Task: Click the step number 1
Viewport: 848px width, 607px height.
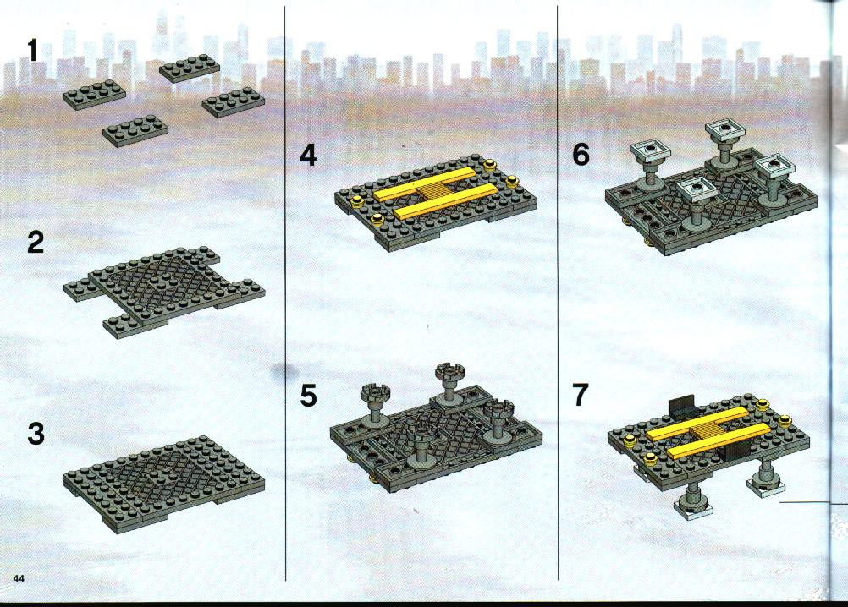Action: coord(32,52)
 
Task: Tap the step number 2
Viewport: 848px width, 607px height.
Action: coord(36,242)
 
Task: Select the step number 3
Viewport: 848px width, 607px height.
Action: coord(36,435)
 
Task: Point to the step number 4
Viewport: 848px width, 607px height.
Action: coord(308,156)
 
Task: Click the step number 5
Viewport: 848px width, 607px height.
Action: coord(308,396)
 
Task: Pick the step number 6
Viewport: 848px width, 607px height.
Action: coord(581,155)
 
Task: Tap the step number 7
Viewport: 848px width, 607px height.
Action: coord(581,395)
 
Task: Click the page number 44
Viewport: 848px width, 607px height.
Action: coord(19,578)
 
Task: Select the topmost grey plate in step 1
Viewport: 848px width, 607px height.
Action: coord(190,68)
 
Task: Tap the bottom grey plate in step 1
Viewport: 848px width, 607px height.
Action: coord(135,131)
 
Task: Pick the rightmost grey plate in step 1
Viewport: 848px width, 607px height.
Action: coord(234,102)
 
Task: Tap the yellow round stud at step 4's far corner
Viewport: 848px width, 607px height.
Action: coord(491,164)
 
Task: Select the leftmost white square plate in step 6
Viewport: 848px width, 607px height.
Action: coord(649,152)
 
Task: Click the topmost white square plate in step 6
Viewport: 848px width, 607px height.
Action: coord(724,129)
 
